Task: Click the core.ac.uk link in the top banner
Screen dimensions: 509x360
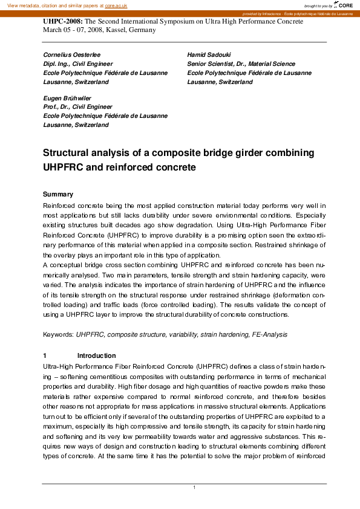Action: [117, 5]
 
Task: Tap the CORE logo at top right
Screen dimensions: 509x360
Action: [345, 5]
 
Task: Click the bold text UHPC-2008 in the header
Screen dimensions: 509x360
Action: [62, 21]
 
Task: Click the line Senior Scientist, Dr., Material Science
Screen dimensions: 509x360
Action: [241, 63]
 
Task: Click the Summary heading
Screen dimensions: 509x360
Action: [58, 195]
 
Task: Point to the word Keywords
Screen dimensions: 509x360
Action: [59, 334]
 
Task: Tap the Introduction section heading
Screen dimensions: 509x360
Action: [96, 355]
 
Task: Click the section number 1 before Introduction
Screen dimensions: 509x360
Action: [45, 355]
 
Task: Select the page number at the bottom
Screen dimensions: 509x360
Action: [194, 488]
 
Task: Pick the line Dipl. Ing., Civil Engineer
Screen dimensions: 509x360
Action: [77, 63]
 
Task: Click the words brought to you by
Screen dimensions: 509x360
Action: [318, 5]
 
